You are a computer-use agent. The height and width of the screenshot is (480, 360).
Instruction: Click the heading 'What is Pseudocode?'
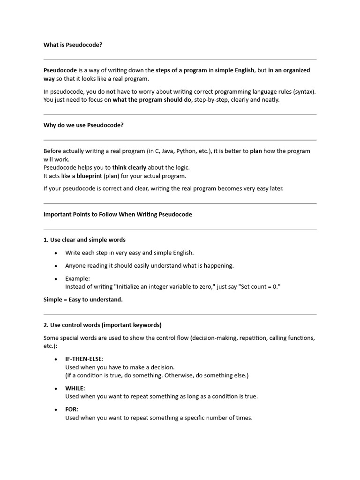[x=73, y=45]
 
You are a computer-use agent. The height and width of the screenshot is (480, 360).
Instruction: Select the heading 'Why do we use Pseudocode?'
[x=83, y=125]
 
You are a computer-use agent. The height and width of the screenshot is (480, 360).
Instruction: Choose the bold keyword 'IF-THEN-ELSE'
[x=84, y=359]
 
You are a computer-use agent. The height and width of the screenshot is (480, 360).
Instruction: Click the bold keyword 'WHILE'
[x=75, y=388]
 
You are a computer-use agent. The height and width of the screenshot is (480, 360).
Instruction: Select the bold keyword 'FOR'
[x=71, y=409]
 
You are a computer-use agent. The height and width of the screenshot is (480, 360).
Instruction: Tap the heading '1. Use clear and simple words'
[x=84, y=240]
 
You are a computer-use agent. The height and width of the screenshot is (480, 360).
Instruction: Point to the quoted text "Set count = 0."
[x=259, y=286]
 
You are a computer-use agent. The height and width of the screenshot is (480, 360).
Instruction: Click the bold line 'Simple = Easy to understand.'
[x=83, y=300]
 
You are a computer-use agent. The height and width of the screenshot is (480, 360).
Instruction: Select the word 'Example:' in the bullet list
[x=77, y=278]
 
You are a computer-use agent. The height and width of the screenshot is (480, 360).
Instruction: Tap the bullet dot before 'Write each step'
[x=56, y=253]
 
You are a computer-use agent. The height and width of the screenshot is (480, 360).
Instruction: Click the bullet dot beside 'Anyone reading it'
[x=56, y=266]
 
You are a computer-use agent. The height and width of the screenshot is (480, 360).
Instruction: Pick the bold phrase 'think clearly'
[x=129, y=167]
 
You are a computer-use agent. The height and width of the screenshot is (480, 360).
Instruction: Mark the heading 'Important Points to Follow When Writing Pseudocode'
[x=118, y=214]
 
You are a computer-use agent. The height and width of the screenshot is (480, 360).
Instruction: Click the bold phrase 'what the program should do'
[x=152, y=100]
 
